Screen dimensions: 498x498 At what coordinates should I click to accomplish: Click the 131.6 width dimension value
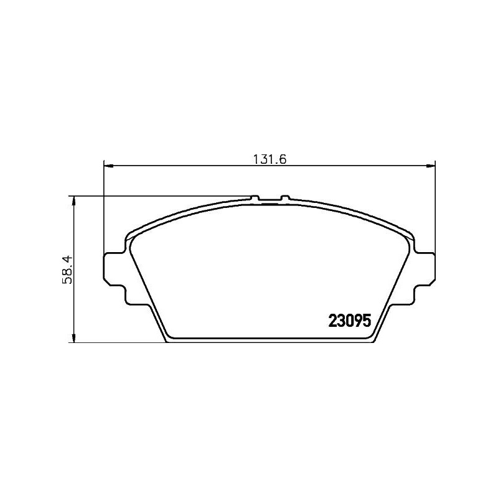click(x=268, y=159)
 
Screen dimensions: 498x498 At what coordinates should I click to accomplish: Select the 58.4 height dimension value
click(x=69, y=269)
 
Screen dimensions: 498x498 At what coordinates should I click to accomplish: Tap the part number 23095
click(x=349, y=321)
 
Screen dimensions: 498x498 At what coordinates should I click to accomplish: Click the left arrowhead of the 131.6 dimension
click(x=108, y=166)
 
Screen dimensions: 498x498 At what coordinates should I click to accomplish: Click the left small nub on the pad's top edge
click(x=254, y=198)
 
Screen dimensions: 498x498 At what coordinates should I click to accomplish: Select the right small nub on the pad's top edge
click(x=284, y=198)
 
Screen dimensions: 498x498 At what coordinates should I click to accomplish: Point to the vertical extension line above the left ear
click(x=103, y=205)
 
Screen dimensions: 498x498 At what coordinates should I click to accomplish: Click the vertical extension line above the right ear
click(x=435, y=205)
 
